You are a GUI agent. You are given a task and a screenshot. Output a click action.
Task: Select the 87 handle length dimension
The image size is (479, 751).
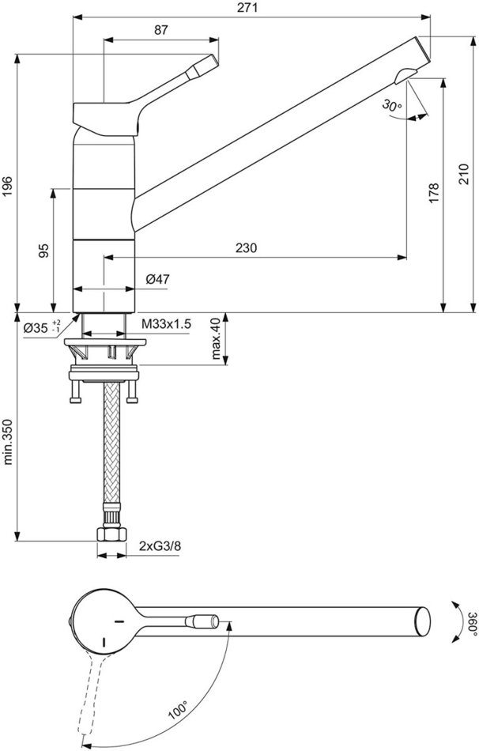pos(161,30)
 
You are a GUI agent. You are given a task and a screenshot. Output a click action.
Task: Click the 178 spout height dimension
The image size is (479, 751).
pos(434,193)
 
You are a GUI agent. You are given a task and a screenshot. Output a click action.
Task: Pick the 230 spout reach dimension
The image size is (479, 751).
pos(246,247)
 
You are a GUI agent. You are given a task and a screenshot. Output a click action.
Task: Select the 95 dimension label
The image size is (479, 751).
pos(43,251)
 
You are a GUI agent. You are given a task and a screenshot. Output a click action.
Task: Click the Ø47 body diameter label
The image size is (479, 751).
pos(157,279)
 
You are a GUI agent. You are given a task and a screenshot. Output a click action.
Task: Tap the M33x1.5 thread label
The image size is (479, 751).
pos(166,324)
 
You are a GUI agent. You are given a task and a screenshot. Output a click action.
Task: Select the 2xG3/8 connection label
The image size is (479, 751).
pos(160,545)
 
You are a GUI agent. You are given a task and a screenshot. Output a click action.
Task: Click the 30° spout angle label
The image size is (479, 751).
pos(392,105)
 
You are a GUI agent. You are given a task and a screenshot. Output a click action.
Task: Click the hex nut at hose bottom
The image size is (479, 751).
pos(111,534)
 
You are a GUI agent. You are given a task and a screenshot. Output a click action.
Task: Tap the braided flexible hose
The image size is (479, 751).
pos(111,441)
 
